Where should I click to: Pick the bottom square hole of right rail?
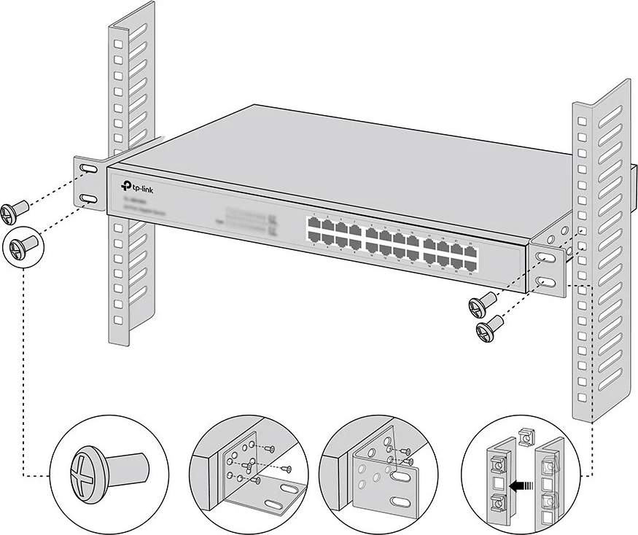[582, 397]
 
